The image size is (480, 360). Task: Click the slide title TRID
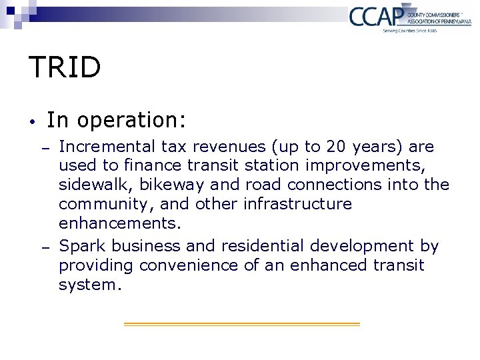(65, 67)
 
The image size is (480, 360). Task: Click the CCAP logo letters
(376, 15)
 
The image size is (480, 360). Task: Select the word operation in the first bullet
(131, 121)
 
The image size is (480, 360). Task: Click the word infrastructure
(297, 204)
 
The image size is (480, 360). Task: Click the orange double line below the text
(241, 324)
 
